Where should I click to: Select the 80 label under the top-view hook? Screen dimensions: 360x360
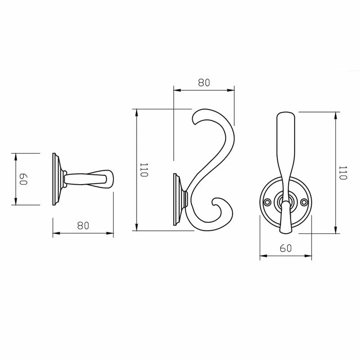tap(83, 225)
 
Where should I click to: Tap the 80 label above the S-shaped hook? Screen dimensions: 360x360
tap(204, 82)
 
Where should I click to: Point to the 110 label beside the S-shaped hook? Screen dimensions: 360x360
tap(144, 170)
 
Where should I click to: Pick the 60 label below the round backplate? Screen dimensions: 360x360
tap(285, 248)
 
